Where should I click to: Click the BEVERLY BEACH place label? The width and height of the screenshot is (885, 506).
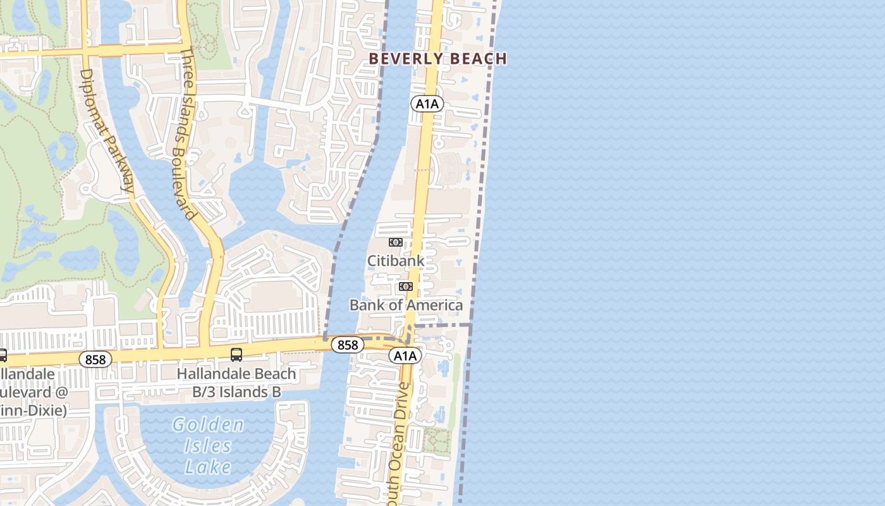437,59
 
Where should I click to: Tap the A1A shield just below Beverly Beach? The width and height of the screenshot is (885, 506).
427,104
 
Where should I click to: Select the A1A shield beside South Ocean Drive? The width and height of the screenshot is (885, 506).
405,355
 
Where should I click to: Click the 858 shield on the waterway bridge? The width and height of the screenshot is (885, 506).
348,345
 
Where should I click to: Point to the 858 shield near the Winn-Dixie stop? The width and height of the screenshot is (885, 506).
95,359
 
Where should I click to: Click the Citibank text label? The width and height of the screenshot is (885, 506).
396,261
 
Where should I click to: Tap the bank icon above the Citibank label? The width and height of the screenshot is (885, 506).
395,242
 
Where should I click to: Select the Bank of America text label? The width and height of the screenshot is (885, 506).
406,305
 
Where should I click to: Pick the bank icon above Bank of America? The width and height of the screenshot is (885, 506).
405,287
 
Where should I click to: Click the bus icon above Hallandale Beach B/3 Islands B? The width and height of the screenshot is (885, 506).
236,355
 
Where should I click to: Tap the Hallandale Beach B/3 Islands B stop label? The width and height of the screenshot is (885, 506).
236,383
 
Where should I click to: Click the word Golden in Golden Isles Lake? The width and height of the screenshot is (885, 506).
208,425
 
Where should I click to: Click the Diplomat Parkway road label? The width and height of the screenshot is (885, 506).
106,130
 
